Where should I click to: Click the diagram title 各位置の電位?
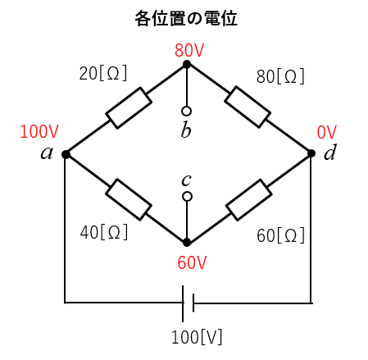click(186, 18)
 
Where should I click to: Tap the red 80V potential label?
click(189, 50)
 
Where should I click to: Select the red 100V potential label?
click(39, 131)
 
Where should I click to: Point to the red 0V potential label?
click(327, 132)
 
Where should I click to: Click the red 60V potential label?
click(192, 262)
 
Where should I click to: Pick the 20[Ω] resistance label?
click(103, 73)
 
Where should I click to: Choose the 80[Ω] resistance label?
click(280, 76)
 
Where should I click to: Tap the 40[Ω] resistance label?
click(104, 232)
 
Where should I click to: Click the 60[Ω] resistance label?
click(280, 235)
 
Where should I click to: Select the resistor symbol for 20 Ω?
click(129, 107)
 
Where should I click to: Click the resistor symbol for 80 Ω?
click(248, 107)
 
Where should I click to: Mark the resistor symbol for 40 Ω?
click(129, 199)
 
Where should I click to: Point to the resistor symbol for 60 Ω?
click(249, 200)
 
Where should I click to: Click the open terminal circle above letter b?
click(186, 111)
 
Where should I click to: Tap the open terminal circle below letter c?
click(187, 197)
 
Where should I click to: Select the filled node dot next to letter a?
click(66, 154)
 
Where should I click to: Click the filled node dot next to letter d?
click(311, 153)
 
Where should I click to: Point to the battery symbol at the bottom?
click(188, 303)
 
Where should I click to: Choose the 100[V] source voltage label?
click(197, 337)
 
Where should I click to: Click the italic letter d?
click(330, 152)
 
